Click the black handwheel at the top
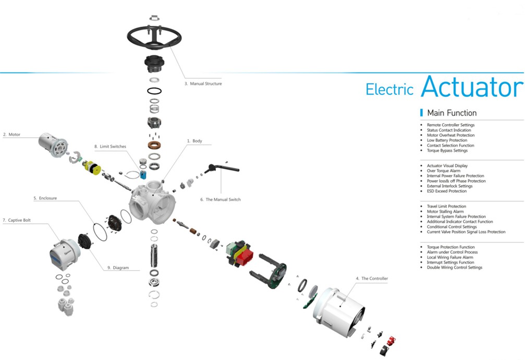tap(154, 37)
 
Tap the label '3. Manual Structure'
tap(203, 83)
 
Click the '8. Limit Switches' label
tap(110, 147)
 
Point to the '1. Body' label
tap(194, 141)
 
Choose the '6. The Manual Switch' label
tap(221, 199)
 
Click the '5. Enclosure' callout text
tap(45, 198)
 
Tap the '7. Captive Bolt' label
tap(17, 220)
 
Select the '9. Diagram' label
tap(117, 268)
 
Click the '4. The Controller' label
tap(372, 279)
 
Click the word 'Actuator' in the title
tap(472, 87)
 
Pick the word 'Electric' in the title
tap(389, 89)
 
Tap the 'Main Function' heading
tap(451, 113)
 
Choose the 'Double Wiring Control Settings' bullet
tap(454, 268)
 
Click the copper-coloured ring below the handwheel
tap(154, 144)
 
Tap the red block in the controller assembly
tap(244, 255)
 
